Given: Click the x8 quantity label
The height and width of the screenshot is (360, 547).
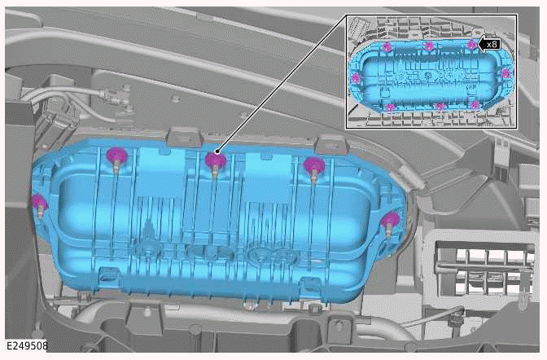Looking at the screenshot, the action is click(492, 45).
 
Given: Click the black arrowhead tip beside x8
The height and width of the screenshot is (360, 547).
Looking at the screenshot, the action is click(479, 45).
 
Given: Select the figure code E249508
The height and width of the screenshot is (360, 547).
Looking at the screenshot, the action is click(27, 345).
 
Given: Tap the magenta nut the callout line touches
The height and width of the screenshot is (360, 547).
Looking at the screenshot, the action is click(215, 161).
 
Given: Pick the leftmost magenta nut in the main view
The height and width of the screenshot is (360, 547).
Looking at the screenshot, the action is click(39, 203).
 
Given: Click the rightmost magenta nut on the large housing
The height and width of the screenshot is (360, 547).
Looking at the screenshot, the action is click(391, 221).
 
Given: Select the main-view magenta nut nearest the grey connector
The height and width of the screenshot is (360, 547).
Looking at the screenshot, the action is click(117, 156).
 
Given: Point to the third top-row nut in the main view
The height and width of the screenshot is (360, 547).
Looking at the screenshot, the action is click(314, 165).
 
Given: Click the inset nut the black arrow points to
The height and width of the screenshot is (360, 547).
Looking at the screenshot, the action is click(471, 44).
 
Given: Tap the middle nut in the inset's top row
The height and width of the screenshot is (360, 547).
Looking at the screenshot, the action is click(429, 46).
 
